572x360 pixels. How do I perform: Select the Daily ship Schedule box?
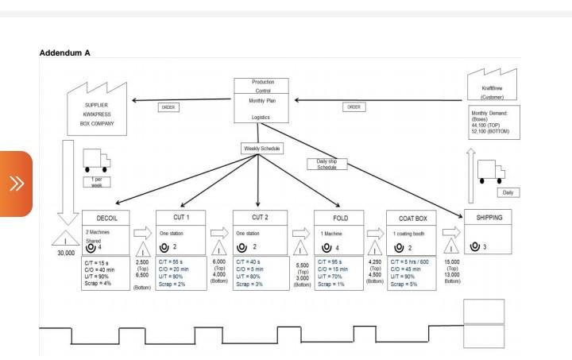(x=327, y=164)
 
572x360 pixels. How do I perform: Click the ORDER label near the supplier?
(x=168, y=108)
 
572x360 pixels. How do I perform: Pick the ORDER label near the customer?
(x=354, y=106)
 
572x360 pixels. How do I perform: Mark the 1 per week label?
(x=96, y=180)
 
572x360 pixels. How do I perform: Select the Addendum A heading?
(x=65, y=52)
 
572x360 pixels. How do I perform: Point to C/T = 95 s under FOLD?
(x=333, y=260)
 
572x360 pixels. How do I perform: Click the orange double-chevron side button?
(x=16, y=184)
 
